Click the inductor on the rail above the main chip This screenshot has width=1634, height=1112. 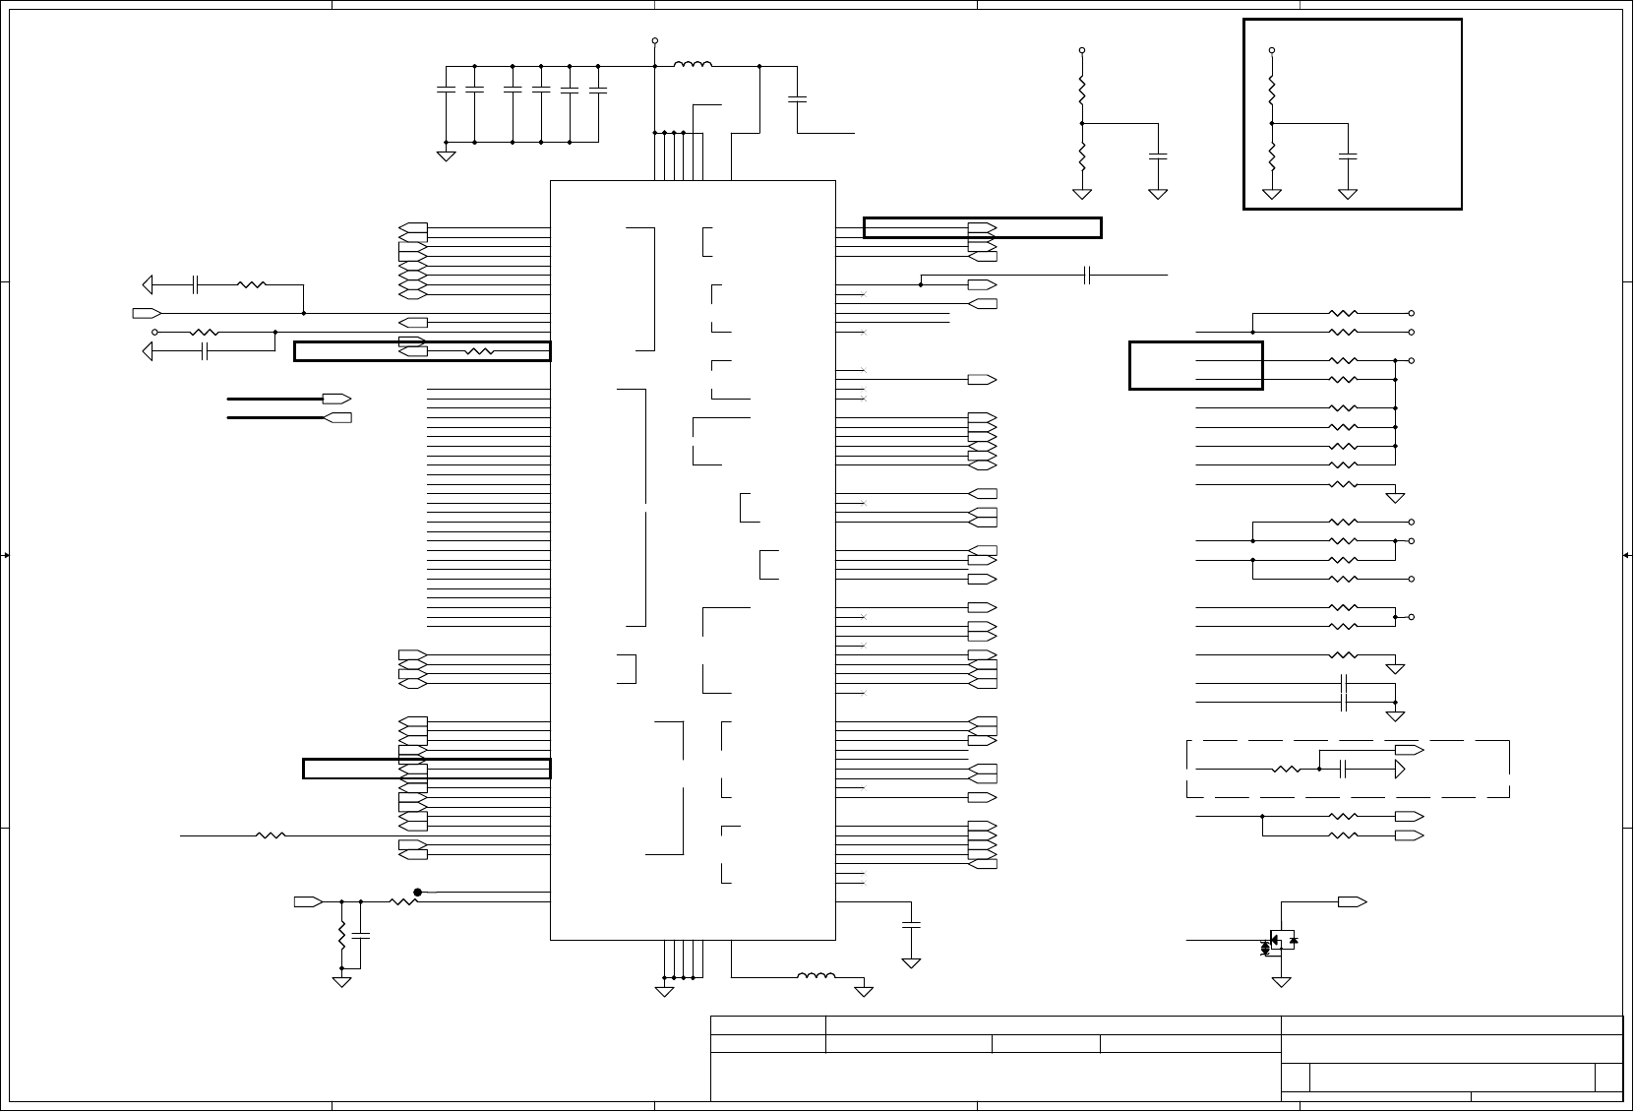[x=694, y=66]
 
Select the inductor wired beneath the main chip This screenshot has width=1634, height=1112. [x=817, y=977]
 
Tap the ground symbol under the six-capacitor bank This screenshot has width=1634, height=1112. [x=446, y=154]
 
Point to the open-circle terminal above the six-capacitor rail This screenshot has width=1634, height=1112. [x=655, y=41]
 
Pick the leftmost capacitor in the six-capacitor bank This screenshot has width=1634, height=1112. [x=446, y=90]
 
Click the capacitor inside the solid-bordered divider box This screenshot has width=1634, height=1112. [x=1348, y=155]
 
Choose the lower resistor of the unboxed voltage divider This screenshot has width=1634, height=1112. [x=1082, y=155]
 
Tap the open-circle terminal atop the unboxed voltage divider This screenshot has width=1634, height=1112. [x=1082, y=49]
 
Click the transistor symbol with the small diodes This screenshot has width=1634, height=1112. [x=1281, y=940]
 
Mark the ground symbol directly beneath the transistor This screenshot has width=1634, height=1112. [x=1281, y=981]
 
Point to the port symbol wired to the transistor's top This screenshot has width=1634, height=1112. [x=1352, y=901]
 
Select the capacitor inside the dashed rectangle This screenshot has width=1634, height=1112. [x=1344, y=769]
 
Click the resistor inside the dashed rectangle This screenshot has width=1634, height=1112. [x=1286, y=769]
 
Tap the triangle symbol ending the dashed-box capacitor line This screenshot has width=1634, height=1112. [x=1401, y=769]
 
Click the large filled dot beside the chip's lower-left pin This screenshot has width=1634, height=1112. [x=418, y=893]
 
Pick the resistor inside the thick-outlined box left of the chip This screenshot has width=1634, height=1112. [x=480, y=351]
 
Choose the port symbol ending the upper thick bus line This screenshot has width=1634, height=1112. [x=337, y=399]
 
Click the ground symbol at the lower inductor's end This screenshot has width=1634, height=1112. [x=864, y=990]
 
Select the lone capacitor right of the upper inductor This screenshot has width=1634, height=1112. [x=798, y=98]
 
